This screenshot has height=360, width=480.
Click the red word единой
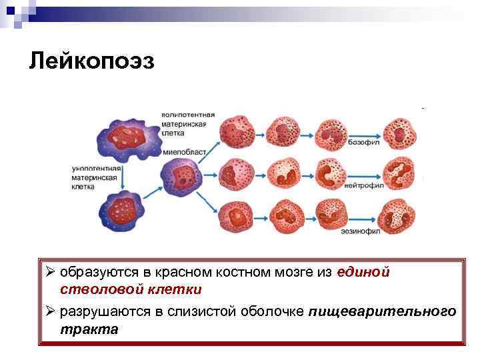(363, 272)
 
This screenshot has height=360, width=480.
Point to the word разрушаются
(97, 311)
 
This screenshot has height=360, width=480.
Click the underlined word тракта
(89, 329)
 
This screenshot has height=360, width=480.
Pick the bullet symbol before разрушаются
(50, 311)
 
